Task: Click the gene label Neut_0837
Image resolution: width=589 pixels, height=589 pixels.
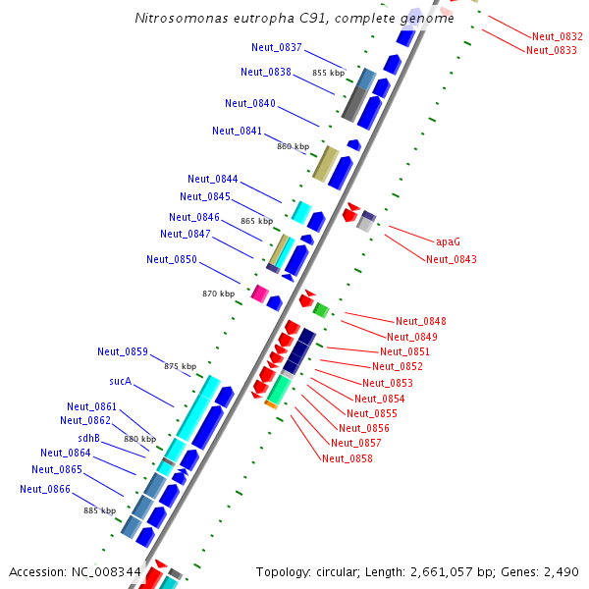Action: pos(277,48)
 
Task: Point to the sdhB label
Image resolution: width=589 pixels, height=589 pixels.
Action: pos(89,438)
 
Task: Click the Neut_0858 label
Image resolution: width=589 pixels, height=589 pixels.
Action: pos(348,458)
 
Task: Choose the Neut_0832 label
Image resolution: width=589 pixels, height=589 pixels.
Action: pos(558,36)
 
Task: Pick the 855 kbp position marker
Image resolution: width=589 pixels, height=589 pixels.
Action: pos(328,73)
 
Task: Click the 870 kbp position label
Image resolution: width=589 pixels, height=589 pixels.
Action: pos(218,294)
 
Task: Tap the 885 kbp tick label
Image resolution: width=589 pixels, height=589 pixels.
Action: pos(99,510)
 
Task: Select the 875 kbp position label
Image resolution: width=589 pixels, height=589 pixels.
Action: pos(180,366)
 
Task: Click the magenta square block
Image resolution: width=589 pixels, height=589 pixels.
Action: pos(260,293)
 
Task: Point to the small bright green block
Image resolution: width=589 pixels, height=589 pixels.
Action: pos(320,310)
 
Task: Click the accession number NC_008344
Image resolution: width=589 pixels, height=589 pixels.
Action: pos(108,571)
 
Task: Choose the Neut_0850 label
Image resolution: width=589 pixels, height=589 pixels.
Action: pos(172,259)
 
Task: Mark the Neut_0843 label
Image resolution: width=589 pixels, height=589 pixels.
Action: pos(452,259)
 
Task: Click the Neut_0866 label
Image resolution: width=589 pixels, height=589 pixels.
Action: pos(45,489)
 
